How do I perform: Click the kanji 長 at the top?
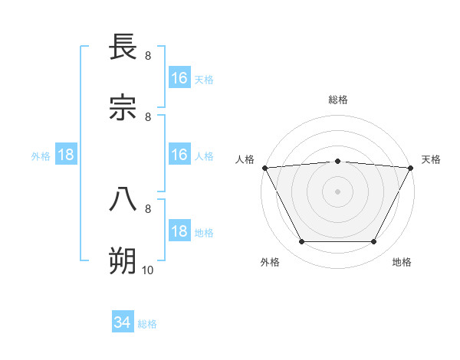(123, 47)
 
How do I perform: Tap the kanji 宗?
(123, 109)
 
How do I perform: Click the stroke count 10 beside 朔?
(147, 270)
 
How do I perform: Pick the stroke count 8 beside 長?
(147, 55)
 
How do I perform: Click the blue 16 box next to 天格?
(179, 78)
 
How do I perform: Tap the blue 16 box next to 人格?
(179, 155)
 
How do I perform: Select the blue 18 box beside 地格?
(179, 231)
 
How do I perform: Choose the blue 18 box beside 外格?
(66, 155)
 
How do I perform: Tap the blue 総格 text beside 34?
(147, 324)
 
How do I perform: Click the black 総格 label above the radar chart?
(337, 100)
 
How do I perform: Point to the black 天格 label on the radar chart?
(431, 159)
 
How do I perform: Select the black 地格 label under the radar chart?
(402, 262)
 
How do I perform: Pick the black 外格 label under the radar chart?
(270, 262)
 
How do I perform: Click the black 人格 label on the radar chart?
(245, 159)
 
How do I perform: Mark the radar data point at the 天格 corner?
(411, 168)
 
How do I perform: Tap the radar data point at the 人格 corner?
(264, 168)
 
